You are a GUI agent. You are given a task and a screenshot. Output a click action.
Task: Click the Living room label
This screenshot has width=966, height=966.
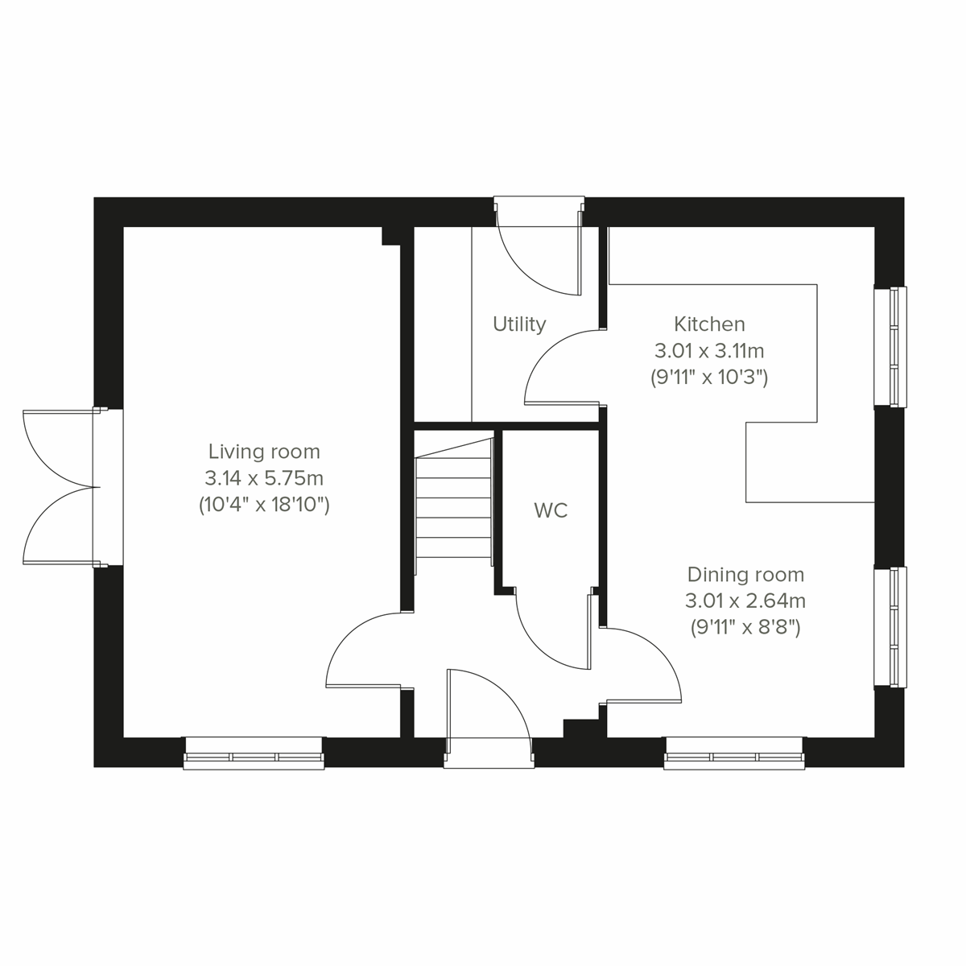tap(264, 452)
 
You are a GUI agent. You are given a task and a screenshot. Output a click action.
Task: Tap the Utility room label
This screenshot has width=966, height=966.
tap(519, 324)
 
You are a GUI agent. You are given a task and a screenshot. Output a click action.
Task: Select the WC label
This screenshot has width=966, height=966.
tap(551, 510)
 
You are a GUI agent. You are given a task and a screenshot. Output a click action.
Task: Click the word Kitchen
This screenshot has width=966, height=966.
tap(709, 324)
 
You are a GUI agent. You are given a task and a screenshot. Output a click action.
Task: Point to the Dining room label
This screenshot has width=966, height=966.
tap(745, 575)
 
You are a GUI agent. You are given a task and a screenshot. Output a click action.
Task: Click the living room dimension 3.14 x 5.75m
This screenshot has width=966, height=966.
tap(264, 478)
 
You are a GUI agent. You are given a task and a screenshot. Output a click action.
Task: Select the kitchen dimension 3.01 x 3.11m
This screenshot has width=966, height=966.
tap(709, 351)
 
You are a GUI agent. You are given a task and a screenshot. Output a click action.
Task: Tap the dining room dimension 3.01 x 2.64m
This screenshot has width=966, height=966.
tap(745, 601)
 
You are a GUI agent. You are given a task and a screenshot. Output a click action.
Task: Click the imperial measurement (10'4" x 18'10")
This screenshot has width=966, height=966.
tap(264, 506)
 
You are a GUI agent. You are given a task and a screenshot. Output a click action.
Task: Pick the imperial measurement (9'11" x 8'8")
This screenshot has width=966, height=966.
tap(745, 628)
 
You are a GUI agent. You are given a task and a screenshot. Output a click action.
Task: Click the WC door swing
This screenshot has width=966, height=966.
tap(554, 632)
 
